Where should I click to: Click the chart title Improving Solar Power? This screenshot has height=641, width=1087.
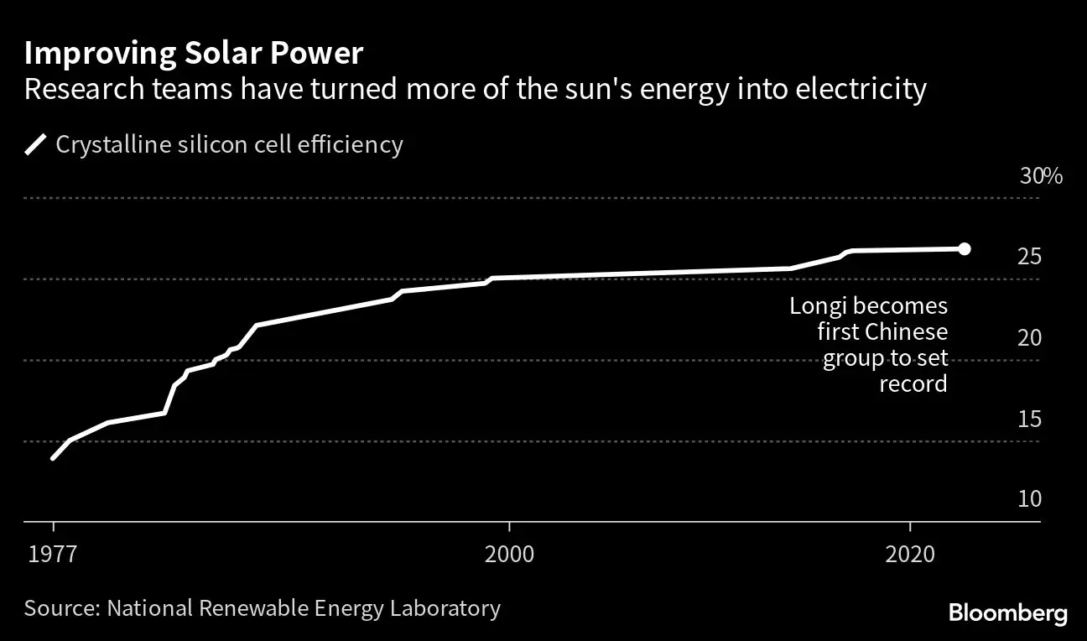(193, 54)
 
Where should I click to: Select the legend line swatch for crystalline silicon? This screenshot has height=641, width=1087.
(36, 145)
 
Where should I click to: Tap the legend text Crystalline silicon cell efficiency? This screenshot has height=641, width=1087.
(229, 144)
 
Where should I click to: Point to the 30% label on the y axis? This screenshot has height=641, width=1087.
(1041, 176)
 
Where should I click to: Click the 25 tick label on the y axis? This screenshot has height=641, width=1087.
(1029, 257)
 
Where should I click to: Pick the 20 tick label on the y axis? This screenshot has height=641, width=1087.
(1029, 338)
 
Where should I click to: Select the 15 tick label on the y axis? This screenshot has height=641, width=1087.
(1029, 419)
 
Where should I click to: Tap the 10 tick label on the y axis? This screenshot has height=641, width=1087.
(1029, 499)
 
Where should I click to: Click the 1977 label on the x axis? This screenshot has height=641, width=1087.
(53, 555)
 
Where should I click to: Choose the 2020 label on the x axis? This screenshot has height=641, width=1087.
(910, 555)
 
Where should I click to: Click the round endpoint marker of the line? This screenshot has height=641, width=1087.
(964, 248)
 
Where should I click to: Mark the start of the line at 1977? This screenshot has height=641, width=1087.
(54, 458)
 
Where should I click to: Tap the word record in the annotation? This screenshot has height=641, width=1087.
(913, 385)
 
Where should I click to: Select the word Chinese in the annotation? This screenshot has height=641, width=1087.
(906, 332)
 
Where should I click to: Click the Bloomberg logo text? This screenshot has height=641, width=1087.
(1007, 613)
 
